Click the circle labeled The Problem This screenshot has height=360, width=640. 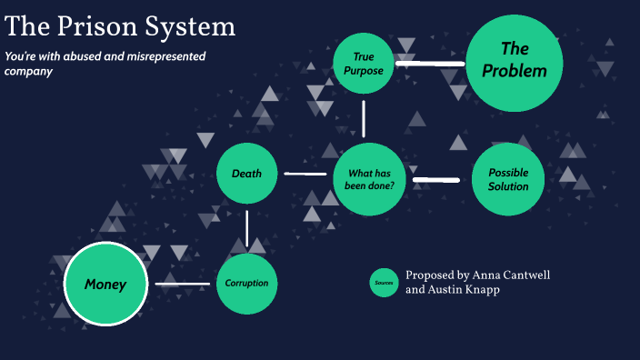click(x=515, y=61)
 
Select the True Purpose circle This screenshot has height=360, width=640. click(x=363, y=63)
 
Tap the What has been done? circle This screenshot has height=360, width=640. click(x=369, y=178)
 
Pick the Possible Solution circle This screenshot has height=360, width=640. click(x=507, y=179)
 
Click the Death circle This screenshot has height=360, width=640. click(x=246, y=174)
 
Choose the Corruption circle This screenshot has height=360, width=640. click(x=246, y=283)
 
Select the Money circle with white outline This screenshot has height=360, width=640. click(x=105, y=285)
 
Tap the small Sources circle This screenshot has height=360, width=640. click(x=384, y=283)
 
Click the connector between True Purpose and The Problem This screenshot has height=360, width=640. click(x=430, y=64)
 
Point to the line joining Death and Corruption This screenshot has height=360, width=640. click(x=246, y=228)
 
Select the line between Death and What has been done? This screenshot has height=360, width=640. click(x=305, y=174)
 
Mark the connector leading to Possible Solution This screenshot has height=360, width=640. click(x=436, y=179)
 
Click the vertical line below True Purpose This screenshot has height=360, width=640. click(x=364, y=118)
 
